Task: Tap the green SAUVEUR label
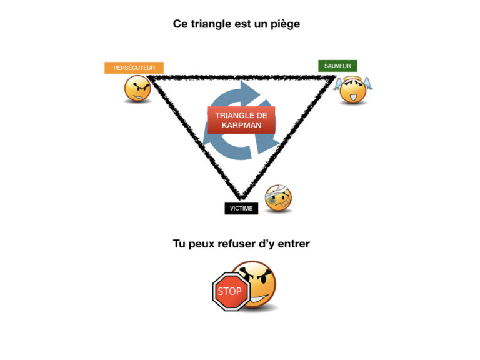click(x=337, y=66)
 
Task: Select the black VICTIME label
click(x=241, y=209)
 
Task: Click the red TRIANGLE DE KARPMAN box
click(x=241, y=120)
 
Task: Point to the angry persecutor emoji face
click(x=137, y=89)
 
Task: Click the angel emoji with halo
click(x=353, y=91)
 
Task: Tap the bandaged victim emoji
click(x=278, y=199)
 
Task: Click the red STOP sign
click(x=230, y=291)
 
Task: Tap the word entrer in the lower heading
click(x=294, y=244)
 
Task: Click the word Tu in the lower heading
click(x=179, y=244)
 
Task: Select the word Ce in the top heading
click(x=181, y=24)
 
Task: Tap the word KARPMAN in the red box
click(x=241, y=125)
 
